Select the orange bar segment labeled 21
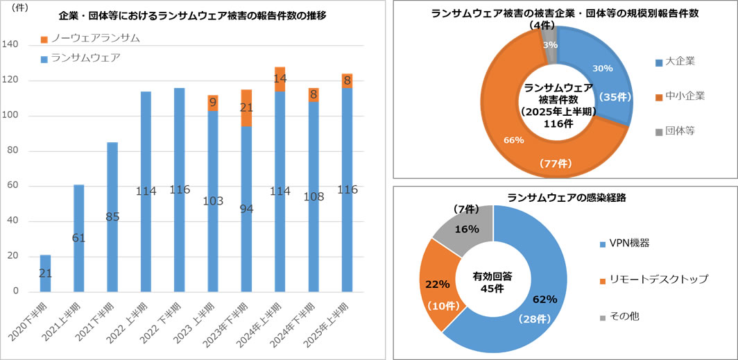coord(246,108)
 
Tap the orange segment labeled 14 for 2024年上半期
coord(280,78)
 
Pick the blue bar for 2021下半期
coord(112,216)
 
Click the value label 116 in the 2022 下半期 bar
coord(179,189)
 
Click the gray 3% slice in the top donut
coord(549,43)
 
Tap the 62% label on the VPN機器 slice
coord(544,300)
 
